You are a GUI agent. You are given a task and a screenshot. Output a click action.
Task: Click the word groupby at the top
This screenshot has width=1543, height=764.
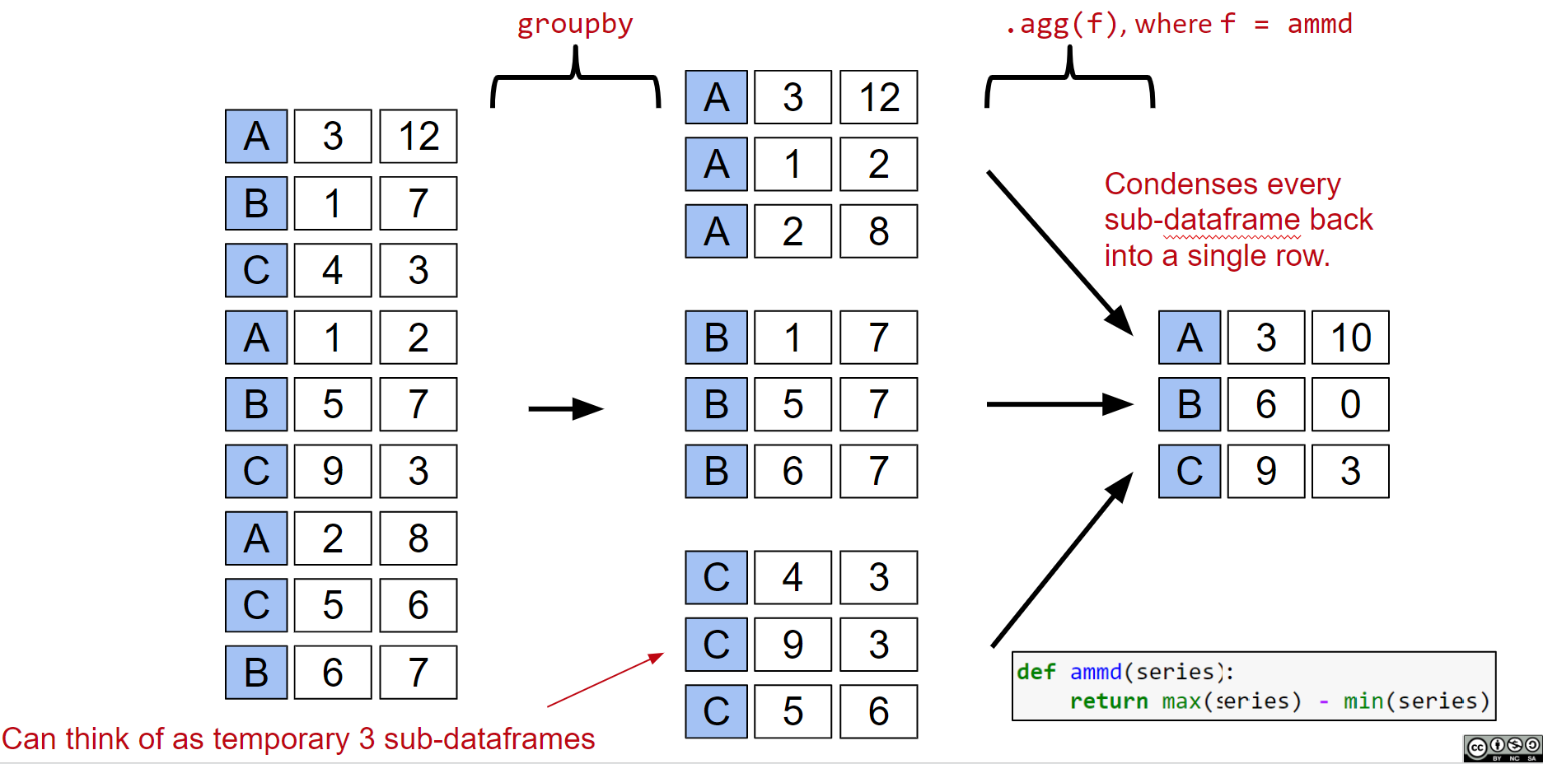coord(574,25)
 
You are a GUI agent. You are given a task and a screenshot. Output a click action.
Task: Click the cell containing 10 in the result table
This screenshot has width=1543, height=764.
coord(1349,338)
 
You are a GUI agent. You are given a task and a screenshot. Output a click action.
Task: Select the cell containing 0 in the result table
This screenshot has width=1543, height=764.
coord(1349,404)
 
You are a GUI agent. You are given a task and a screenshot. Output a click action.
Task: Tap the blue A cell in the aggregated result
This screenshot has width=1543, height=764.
coord(1189,338)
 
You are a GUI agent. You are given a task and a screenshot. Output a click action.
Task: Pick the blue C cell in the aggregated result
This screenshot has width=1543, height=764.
coord(1189,472)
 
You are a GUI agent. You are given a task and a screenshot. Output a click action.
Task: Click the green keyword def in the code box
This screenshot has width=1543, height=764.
coord(1036,672)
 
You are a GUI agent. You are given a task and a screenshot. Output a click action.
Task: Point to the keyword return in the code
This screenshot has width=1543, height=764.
coord(1108,701)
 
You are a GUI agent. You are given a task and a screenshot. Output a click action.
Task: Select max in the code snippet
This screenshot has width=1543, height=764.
coord(1181,701)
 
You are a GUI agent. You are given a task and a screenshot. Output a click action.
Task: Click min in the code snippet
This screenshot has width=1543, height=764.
coord(1363,701)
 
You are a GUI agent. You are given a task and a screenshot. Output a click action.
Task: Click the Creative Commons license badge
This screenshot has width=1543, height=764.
coord(1502,748)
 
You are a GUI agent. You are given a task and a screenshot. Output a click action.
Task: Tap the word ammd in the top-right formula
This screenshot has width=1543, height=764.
coord(1319,24)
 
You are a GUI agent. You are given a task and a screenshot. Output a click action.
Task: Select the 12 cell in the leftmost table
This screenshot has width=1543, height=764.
coord(418,137)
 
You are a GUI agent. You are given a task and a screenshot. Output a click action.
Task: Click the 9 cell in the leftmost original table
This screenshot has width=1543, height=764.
coord(332,472)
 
